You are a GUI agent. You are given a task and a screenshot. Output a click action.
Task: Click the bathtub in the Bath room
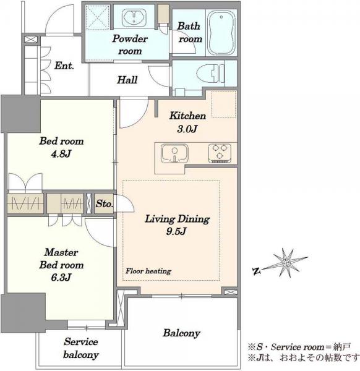[x=221, y=32]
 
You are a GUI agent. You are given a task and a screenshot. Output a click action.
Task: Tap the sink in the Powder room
[x=134, y=17]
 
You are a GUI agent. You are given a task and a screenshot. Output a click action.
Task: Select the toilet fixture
[x=210, y=74]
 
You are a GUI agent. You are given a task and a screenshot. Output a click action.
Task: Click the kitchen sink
[x=174, y=153]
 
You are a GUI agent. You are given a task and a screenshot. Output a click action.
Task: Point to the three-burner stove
[x=220, y=153]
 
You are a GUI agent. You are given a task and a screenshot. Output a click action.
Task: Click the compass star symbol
[x=286, y=263]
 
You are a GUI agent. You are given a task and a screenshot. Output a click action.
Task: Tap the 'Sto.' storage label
[x=104, y=203]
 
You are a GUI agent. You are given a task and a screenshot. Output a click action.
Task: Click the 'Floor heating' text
[x=148, y=271]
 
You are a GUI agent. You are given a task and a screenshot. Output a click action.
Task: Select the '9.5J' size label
[x=176, y=232]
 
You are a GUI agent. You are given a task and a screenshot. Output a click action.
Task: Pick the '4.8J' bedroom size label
[x=61, y=154]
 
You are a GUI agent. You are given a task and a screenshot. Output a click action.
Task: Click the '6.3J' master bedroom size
[x=61, y=277]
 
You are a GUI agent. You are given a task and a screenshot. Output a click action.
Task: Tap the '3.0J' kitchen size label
[x=187, y=129]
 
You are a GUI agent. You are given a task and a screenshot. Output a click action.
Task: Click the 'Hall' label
[x=127, y=80]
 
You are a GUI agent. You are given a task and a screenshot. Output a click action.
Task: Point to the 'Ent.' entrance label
[x=64, y=66]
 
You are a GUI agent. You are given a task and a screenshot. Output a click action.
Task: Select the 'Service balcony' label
[x=80, y=348]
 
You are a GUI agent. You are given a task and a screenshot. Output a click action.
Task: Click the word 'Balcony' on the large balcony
[x=181, y=333]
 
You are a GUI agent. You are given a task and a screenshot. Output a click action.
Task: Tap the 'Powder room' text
[x=130, y=45]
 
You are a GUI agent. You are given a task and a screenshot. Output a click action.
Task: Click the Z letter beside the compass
[x=255, y=271]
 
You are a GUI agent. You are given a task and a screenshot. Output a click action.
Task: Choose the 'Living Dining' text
[x=178, y=219]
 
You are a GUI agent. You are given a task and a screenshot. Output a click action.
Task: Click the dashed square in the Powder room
[x=98, y=17]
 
